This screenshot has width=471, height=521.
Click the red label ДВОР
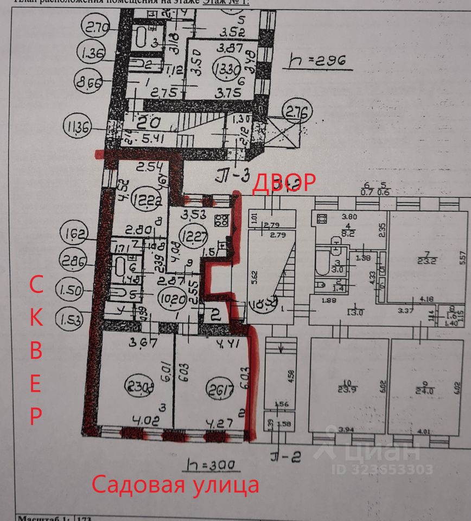[285, 182]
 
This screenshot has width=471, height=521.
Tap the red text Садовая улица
[175, 485]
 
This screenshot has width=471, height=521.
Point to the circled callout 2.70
[96, 26]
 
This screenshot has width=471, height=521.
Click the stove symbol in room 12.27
[221, 221]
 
